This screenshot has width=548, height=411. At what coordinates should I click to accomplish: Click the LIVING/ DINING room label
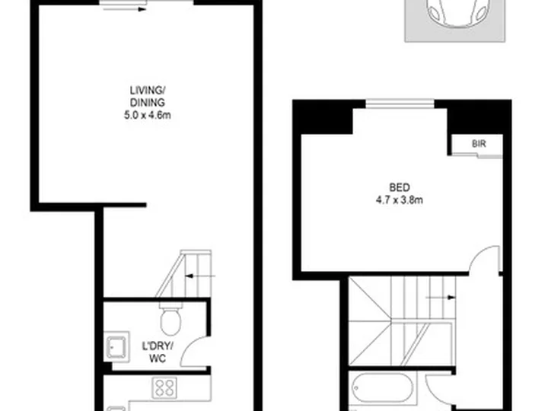pos(147,97)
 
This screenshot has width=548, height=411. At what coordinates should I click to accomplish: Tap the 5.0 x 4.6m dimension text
pos(147,115)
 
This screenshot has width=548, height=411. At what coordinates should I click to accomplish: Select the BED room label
pos(399,188)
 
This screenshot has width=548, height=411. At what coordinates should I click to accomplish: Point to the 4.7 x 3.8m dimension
pos(399,200)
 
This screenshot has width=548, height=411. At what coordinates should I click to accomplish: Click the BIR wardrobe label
pos(479,144)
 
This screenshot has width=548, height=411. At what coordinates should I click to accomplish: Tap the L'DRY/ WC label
pos(158,352)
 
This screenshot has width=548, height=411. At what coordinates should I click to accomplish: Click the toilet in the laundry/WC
pos(171,319)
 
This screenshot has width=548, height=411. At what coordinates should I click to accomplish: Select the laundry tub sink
pos(116,347)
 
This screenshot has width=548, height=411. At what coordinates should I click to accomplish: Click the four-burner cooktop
pos(164,387)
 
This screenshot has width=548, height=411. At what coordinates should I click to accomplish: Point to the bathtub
pos(383,387)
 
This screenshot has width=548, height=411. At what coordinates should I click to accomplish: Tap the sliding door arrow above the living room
pos(125,9)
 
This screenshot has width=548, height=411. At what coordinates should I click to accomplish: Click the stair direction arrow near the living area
pos(200,276)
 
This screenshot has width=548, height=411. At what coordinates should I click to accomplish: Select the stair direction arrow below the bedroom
pos(441,298)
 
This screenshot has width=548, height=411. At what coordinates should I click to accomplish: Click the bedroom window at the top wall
pos(400,104)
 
